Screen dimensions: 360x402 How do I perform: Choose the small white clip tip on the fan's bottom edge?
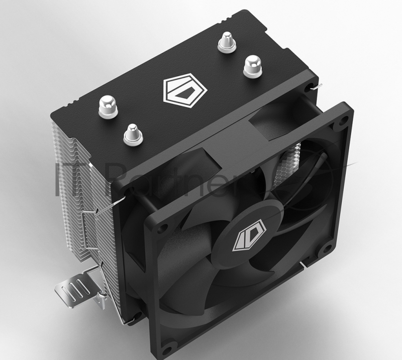(x=301, y=263)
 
